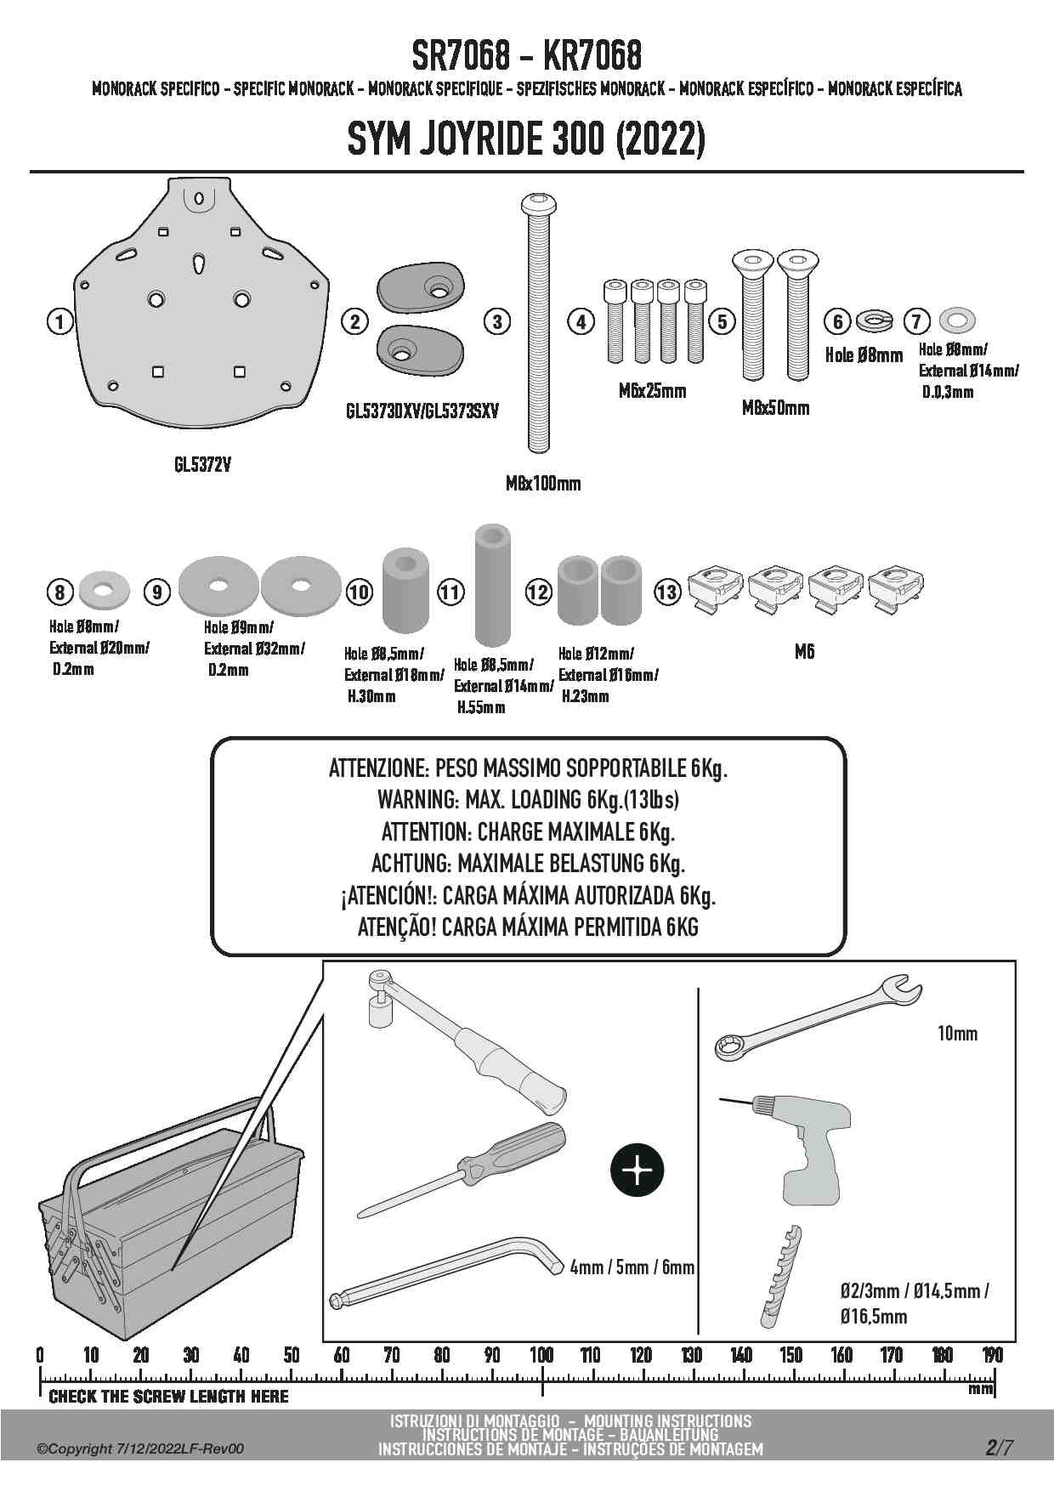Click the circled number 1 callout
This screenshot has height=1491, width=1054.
pos(59,321)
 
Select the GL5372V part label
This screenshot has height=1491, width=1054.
pos(202,465)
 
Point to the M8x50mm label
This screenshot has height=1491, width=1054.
pos(775,407)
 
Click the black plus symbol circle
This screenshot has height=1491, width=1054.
pos(637,1171)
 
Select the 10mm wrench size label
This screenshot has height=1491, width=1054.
pos(957,1034)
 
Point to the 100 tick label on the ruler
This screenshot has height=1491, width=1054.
pos(541,1355)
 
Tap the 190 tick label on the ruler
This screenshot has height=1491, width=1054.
pos(992,1355)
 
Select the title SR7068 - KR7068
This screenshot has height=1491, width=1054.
pos(526,56)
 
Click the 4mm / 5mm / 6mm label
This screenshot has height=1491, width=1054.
pos(632,1267)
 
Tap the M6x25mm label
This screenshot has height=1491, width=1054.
pos(652,391)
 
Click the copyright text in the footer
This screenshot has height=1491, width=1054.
pos(140,1448)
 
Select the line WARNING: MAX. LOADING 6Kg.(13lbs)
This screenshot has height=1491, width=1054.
pos(528,800)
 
